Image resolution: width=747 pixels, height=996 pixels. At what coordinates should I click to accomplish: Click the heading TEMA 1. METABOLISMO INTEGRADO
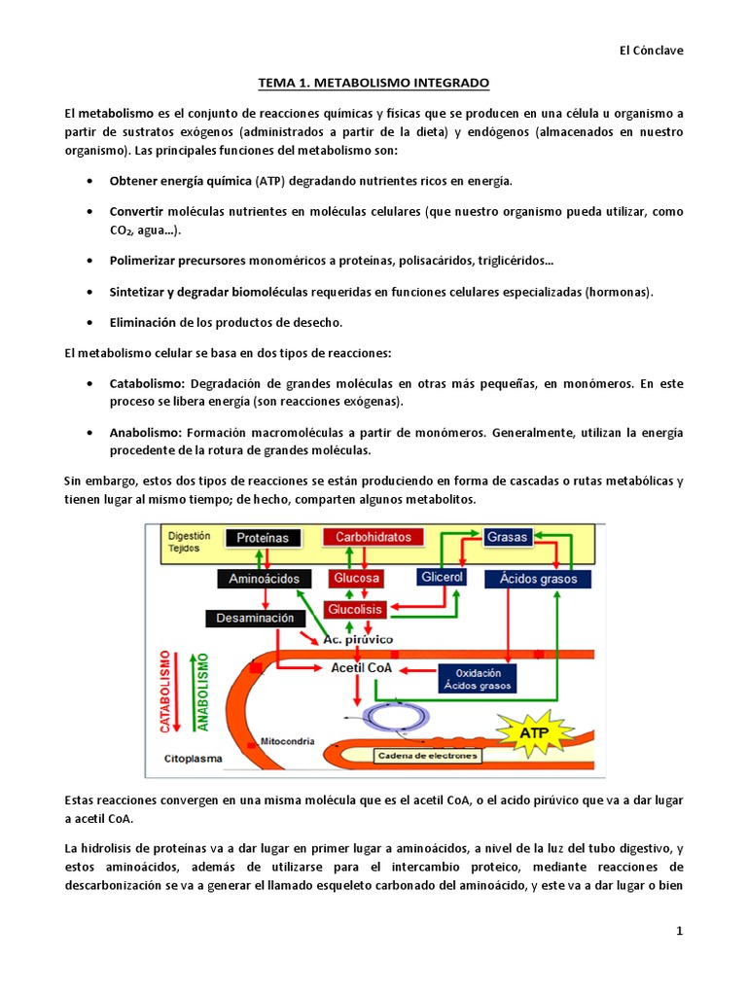(373, 84)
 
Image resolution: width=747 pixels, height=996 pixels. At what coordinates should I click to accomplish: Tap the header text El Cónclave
(651, 51)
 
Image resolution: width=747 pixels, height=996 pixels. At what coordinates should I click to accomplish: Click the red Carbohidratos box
(373, 537)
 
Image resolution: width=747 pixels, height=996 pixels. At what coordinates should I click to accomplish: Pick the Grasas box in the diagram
(507, 537)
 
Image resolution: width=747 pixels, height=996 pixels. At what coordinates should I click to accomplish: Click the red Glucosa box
(357, 579)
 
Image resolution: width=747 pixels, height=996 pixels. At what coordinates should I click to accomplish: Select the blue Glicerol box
(442, 577)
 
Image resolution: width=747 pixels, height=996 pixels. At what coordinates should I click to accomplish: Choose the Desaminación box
(250, 618)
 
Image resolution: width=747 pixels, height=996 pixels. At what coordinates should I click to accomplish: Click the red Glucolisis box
(357, 610)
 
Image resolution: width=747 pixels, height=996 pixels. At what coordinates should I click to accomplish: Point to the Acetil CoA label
(362, 667)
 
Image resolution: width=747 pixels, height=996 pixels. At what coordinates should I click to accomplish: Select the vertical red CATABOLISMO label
(165, 691)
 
